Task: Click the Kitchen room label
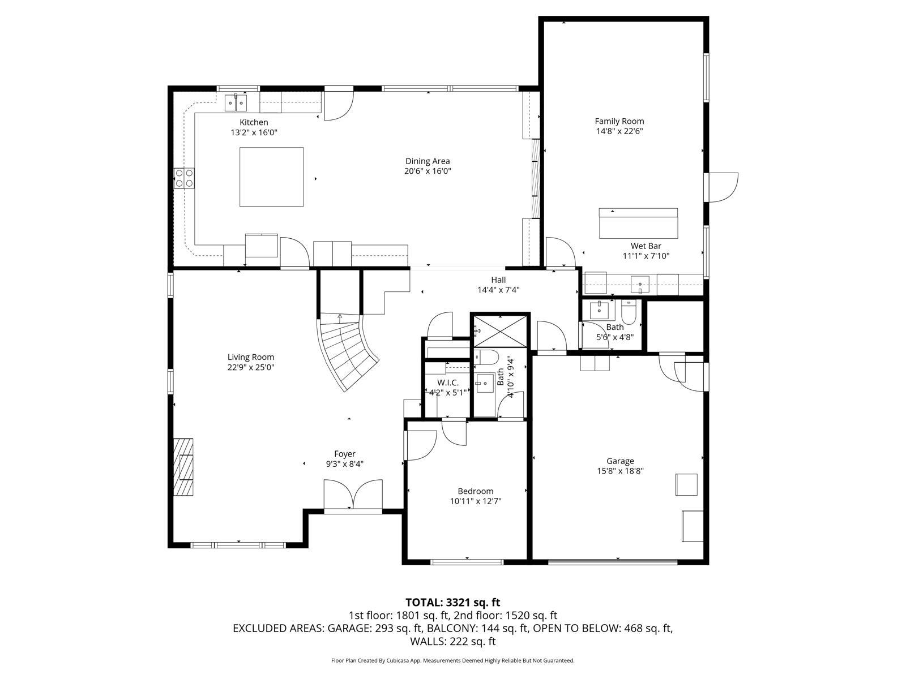(x=254, y=122)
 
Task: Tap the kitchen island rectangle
(x=272, y=177)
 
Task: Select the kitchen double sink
(x=236, y=102)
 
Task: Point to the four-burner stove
(x=184, y=178)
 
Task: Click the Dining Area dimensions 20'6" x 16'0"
(x=428, y=171)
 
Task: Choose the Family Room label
(x=619, y=121)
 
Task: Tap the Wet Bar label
(x=646, y=246)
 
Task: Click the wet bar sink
(x=640, y=285)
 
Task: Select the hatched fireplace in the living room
(x=183, y=467)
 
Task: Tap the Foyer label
(x=345, y=454)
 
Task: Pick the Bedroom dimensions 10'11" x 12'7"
(x=476, y=501)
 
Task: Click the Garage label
(x=620, y=461)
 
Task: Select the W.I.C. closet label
(x=448, y=383)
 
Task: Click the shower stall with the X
(x=500, y=332)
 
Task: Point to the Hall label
(x=498, y=280)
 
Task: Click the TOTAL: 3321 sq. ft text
(x=453, y=603)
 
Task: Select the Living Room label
(x=250, y=357)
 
